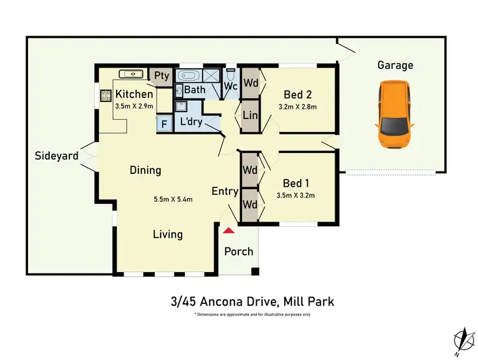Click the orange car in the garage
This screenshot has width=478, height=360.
click(x=395, y=115)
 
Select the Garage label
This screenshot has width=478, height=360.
click(x=395, y=65)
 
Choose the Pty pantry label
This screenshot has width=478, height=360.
click(x=162, y=76)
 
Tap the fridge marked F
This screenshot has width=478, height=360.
click(x=164, y=124)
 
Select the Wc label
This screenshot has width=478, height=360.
click(x=231, y=85)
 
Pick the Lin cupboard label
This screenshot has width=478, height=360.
click(x=250, y=115)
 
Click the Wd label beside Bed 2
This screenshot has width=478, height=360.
click(x=250, y=82)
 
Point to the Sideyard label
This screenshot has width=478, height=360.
click(x=57, y=155)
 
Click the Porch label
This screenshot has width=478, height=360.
click(x=238, y=251)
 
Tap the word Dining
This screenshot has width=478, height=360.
click(x=145, y=170)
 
